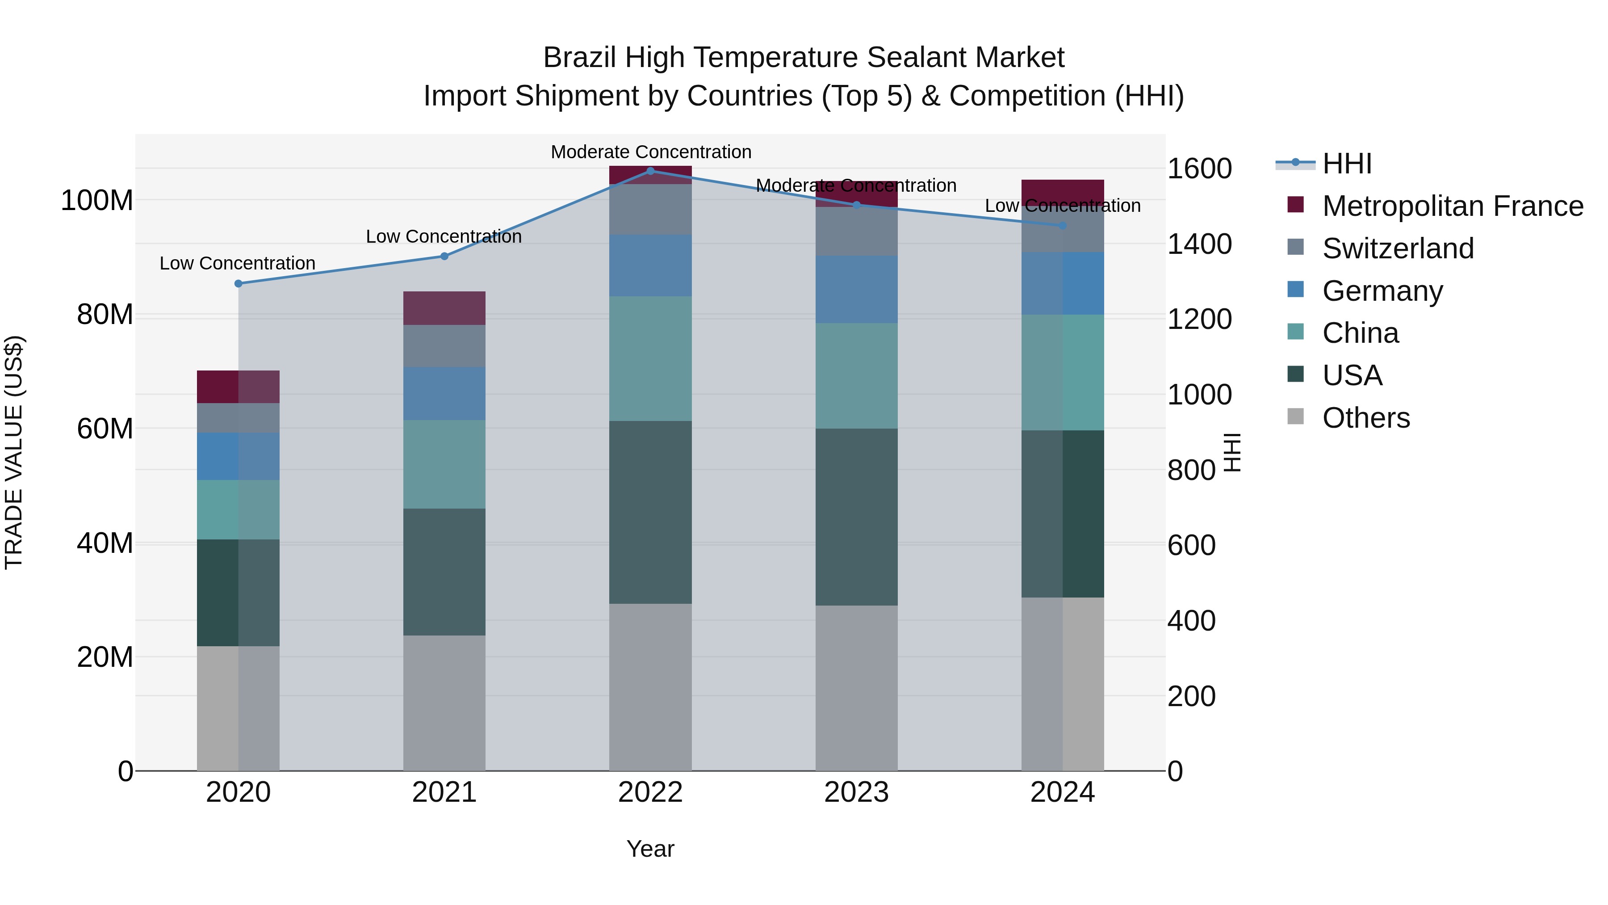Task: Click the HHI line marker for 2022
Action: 650,171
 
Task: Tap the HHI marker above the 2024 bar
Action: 1063,226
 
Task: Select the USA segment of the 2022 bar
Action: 650,512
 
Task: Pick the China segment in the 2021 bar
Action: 444,464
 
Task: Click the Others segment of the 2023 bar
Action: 856,687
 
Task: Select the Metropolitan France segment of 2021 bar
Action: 444,308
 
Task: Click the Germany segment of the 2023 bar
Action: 856,289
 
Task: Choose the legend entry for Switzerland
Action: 1398,248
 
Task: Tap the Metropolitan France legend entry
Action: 1452,206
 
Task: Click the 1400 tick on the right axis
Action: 1199,244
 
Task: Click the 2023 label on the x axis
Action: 856,792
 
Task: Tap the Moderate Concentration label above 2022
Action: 650,152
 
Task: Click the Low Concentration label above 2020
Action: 237,263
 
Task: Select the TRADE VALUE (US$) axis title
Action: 14,452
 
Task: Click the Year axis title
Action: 650,849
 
